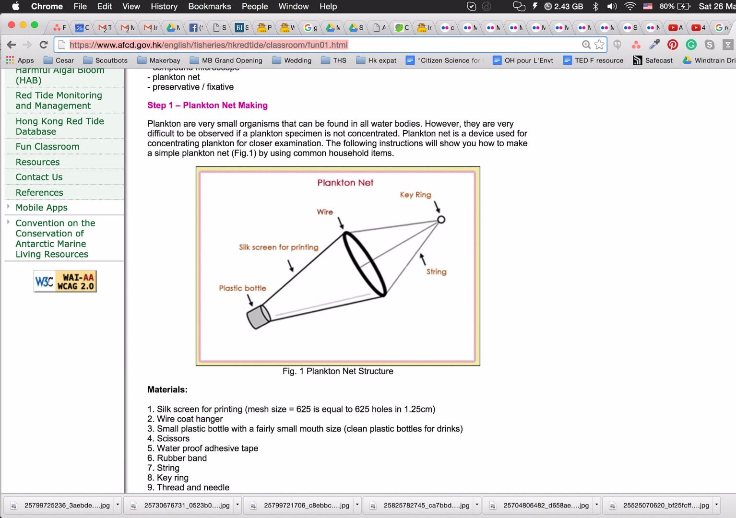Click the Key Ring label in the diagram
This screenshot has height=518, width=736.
coord(415,195)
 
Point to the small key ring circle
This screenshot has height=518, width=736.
coord(441,220)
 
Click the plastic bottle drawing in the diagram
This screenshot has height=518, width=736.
coord(258,317)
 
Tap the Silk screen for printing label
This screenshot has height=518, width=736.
coord(278,247)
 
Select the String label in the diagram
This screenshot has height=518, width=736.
coord(436,272)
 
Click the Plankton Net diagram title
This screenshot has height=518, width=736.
coord(345,183)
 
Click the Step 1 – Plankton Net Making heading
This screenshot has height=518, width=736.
coord(207,106)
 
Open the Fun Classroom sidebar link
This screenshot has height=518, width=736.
coord(47,147)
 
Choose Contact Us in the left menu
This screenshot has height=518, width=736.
coord(39,177)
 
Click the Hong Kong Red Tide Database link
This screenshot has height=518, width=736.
coord(59,127)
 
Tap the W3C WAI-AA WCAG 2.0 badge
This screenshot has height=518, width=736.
coord(65,282)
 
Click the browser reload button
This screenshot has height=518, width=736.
coord(44,45)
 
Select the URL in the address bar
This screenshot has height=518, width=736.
coord(209,45)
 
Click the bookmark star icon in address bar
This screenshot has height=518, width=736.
coord(599,45)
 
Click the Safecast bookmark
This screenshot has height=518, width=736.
coord(653,60)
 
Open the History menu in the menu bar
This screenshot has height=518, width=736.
coord(164,7)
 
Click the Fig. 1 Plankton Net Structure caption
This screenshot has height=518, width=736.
coord(338,371)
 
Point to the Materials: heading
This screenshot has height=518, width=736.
coord(167,390)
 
